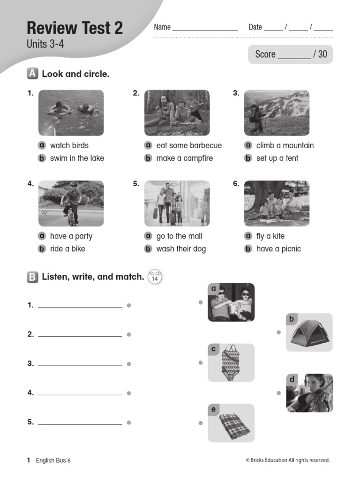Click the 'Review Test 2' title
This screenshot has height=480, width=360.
point(75,28)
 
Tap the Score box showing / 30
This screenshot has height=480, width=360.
point(291,54)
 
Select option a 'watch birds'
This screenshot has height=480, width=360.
point(69,145)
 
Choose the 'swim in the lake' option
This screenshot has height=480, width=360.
point(77,158)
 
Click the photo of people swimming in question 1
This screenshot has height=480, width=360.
point(71,113)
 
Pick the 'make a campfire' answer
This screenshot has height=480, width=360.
point(184,158)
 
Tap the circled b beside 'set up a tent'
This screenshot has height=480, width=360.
point(248,158)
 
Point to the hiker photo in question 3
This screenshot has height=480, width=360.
point(277,113)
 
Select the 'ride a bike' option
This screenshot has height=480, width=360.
point(67,249)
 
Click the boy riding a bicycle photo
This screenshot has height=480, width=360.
point(71,203)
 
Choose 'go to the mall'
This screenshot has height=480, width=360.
point(179,236)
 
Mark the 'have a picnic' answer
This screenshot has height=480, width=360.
point(278,249)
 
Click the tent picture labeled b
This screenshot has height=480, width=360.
point(309,333)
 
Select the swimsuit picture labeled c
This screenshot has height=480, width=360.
point(231,362)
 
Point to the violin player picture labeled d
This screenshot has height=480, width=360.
point(310,393)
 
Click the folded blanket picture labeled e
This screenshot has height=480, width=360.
point(231,423)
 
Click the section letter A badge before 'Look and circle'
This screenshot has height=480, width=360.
point(32,74)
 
